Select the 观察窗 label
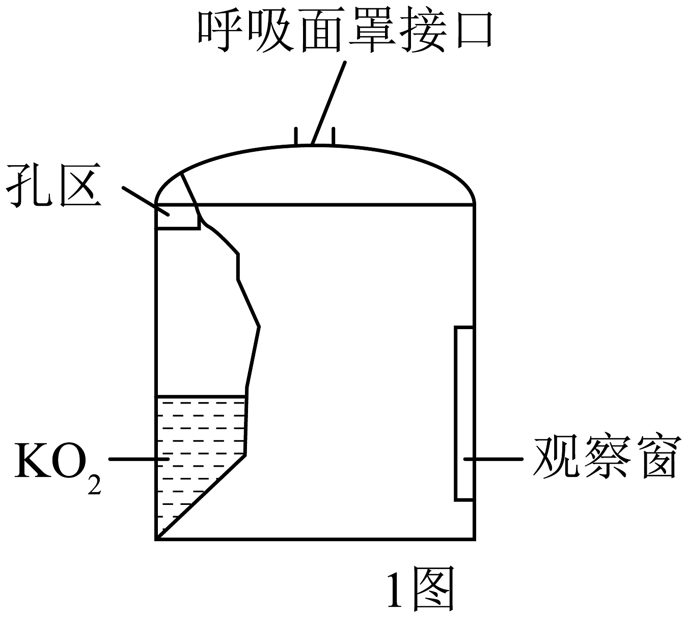(x=606, y=457)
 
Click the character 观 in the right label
(x=555, y=457)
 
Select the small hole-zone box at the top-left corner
(x=177, y=217)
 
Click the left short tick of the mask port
(x=296, y=136)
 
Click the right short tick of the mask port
(x=333, y=136)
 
